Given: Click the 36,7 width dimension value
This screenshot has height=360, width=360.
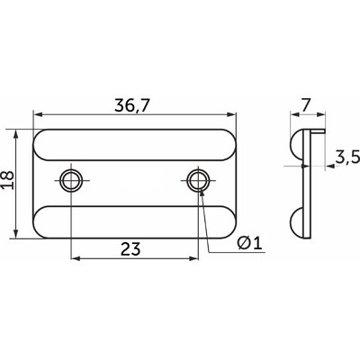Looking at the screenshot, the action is [131, 105].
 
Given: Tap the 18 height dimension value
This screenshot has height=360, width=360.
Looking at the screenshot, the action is [8, 180].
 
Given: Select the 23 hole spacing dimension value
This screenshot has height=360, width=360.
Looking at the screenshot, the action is [130, 249].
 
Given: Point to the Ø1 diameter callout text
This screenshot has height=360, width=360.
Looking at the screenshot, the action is [249, 243].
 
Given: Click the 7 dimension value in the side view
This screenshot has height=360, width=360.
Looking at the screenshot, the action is [306, 105].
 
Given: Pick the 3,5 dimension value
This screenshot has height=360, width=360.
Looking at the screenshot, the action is [347, 157].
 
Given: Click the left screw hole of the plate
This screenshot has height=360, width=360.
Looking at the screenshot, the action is [71, 181].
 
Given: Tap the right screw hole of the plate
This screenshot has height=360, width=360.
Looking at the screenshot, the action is [198, 181].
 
